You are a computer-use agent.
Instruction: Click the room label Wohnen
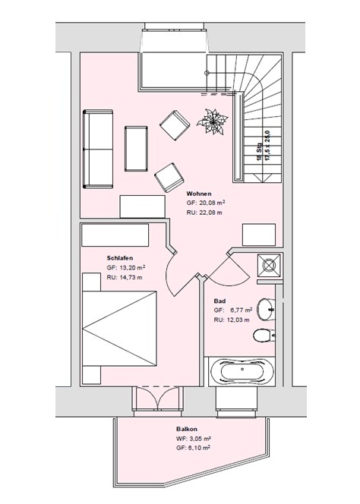pos(199,194)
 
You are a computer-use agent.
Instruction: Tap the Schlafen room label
pos(120,258)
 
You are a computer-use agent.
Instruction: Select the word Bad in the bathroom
pos(219,301)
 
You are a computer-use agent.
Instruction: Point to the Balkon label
pos(187,429)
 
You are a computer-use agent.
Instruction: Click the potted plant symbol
pos(213,121)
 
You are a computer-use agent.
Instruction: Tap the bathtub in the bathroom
pos(242,371)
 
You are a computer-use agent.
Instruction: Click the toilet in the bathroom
pos(264,336)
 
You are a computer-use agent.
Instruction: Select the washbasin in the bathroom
pos(267,309)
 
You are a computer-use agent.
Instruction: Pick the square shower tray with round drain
pos(269,265)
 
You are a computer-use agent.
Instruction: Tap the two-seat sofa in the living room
pos(98,149)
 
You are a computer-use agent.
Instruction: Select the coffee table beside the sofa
pos(137,149)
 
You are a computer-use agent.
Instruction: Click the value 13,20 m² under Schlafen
pos(133,267)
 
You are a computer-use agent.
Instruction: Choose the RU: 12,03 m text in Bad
pos(232,320)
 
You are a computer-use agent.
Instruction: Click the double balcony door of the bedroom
pos(157,398)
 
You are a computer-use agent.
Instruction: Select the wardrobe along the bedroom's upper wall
pos(115,235)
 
